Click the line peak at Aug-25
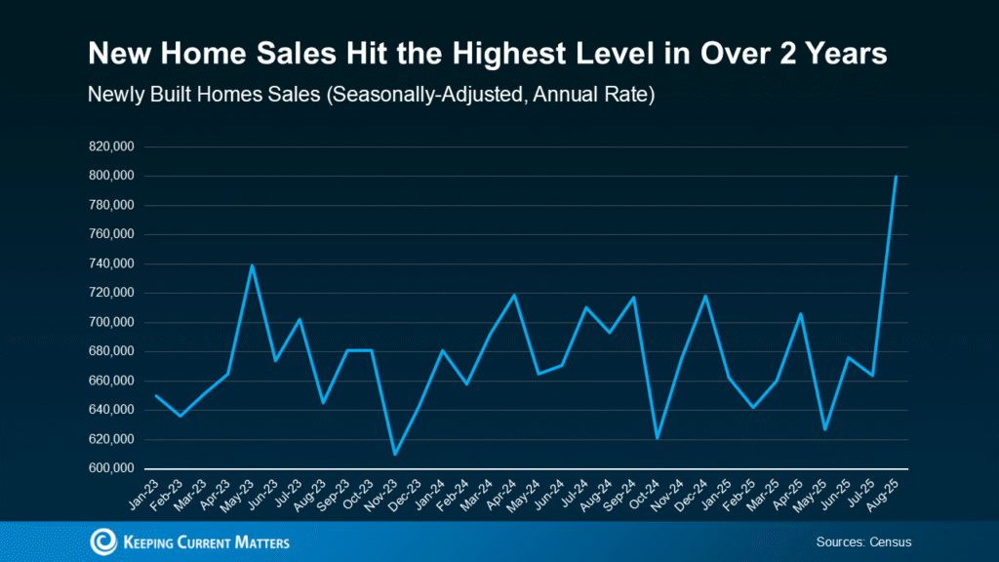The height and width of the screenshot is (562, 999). click(896, 177)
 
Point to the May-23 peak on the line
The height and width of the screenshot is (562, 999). click(252, 265)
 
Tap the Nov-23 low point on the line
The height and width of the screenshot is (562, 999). click(395, 454)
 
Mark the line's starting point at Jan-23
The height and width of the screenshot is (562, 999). click(156, 395)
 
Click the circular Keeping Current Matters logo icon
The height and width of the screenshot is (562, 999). click(102, 542)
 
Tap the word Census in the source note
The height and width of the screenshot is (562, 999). click(889, 542)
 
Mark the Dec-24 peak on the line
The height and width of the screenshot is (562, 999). click(705, 296)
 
